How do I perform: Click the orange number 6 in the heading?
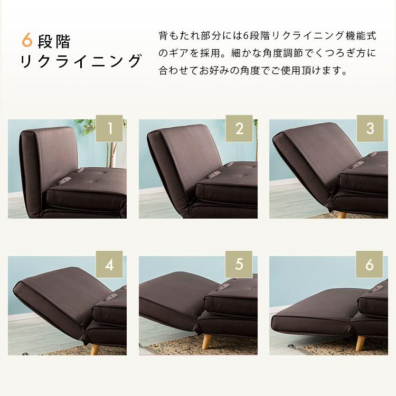(x=27, y=40)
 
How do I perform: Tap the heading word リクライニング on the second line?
(x=81, y=61)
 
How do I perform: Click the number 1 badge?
(x=110, y=128)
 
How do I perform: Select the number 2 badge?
(x=239, y=128)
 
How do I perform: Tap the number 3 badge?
(x=370, y=128)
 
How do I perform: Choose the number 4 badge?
(x=109, y=264)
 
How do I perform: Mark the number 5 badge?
(x=239, y=264)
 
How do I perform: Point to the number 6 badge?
(x=370, y=264)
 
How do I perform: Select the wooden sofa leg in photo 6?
(x=361, y=343)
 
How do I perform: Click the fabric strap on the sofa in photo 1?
(x=79, y=172)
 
